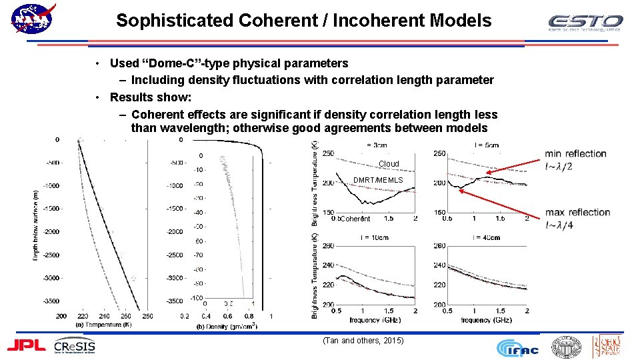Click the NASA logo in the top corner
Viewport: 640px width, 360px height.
point(32,20)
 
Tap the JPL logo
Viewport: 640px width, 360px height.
point(27,345)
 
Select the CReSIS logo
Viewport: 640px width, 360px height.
point(75,346)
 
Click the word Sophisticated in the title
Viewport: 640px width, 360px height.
point(175,21)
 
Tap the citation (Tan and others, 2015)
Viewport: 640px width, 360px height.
point(363,341)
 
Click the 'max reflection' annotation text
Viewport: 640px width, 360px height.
point(577,213)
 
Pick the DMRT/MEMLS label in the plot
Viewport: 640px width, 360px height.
point(378,180)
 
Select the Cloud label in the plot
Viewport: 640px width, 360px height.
point(389,164)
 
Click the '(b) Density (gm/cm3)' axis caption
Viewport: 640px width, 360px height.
point(227,326)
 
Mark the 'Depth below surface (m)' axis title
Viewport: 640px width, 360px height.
point(36,225)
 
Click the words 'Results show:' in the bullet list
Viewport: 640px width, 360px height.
point(150,97)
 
